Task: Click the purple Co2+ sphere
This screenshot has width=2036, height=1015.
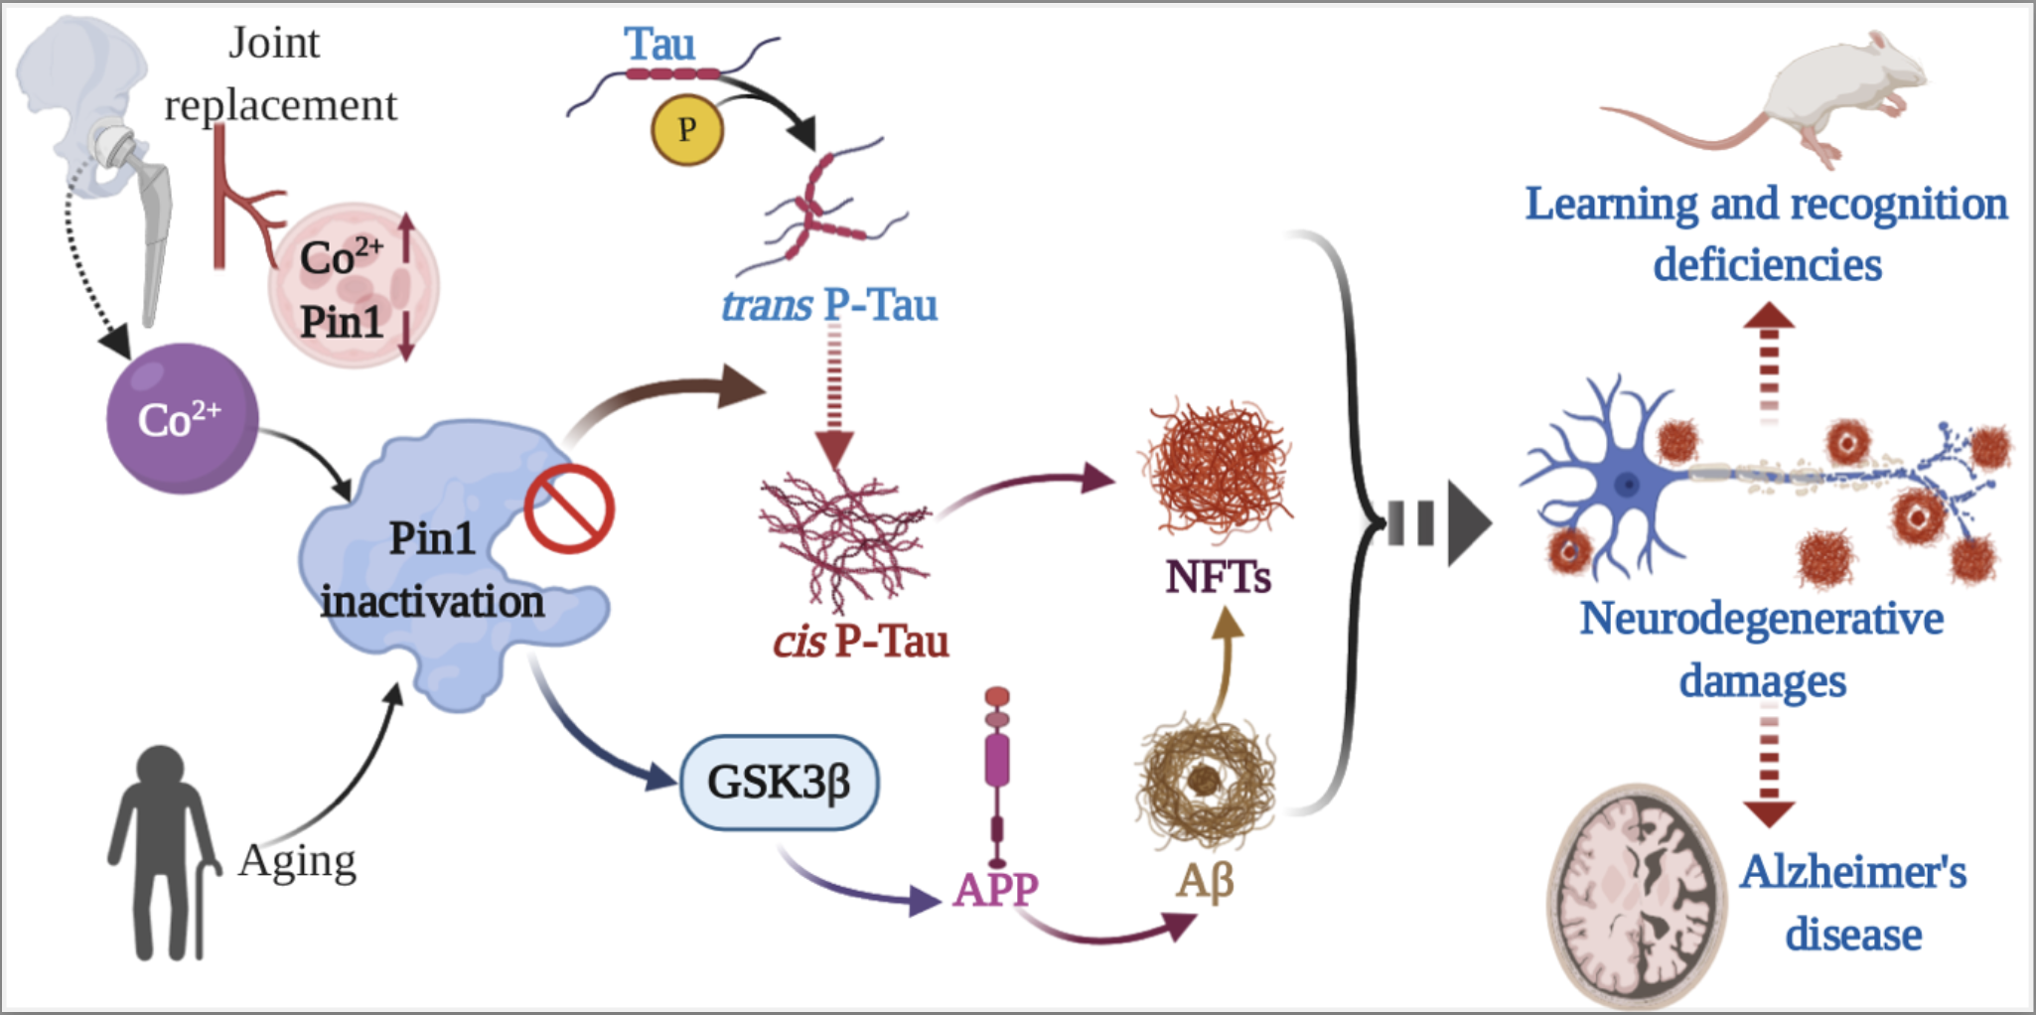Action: (x=182, y=418)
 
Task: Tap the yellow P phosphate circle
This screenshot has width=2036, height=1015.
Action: (x=686, y=129)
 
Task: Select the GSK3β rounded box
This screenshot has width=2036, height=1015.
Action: (x=779, y=782)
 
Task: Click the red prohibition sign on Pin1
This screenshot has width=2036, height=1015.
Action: (x=569, y=508)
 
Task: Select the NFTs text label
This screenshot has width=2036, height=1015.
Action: (x=1218, y=577)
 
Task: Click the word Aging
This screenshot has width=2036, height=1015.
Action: (x=297, y=861)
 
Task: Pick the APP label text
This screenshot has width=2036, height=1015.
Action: (x=995, y=889)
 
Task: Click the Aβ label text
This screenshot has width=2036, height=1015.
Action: (x=1205, y=880)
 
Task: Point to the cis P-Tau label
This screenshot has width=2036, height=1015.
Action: (x=861, y=642)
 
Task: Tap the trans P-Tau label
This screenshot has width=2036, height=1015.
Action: (x=829, y=305)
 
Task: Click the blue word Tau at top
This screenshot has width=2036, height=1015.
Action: (x=659, y=45)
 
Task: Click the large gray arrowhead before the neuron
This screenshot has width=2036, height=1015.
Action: (x=1468, y=523)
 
